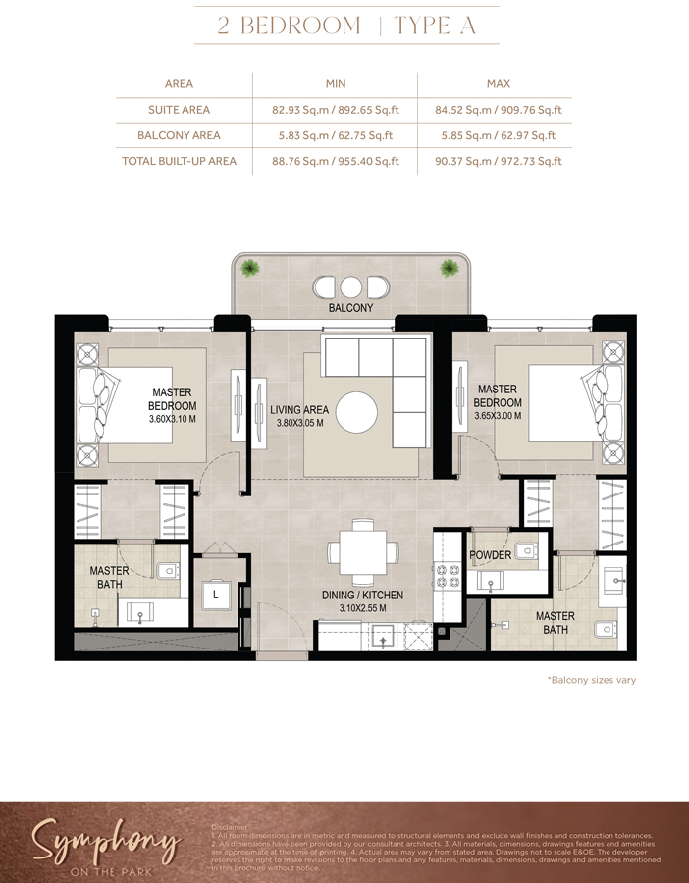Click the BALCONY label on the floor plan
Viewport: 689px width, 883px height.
(350, 308)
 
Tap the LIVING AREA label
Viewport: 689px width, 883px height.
(299, 410)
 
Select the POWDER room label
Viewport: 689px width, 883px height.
(490, 555)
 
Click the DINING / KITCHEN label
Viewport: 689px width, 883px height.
(362, 596)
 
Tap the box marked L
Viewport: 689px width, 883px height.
(215, 594)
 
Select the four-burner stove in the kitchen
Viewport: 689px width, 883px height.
(448, 576)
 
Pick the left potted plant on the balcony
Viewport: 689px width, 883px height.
(251, 267)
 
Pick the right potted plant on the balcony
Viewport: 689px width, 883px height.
(450, 267)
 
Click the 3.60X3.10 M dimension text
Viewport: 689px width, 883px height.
(172, 419)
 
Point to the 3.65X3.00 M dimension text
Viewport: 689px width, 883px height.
(497, 416)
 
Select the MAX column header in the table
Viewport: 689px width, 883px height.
(498, 84)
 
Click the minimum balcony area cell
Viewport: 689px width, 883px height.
(336, 135)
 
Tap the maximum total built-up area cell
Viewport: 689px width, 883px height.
(498, 161)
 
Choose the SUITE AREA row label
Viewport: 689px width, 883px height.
(179, 110)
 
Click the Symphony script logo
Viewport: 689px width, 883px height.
(106, 845)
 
